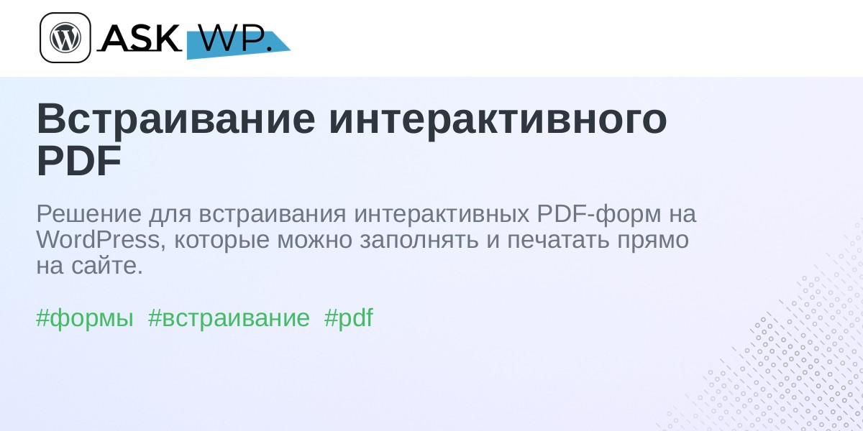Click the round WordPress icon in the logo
[x=65, y=37]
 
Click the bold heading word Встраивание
[x=175, y=119]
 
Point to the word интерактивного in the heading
[x=498, y=119]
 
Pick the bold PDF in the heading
[x=79, y=161]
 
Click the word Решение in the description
[x=89, y=214]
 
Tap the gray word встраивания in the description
[x=273, y=215]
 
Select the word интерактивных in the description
[x=442, y=214]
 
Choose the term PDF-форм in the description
[x=599, y=215]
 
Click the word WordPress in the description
[x=98, y=240]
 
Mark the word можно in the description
[x=315, y=241]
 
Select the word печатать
[x=558, y=241]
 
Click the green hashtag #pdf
[x=349, y=318]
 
